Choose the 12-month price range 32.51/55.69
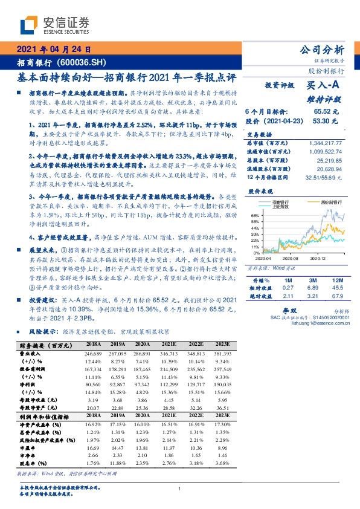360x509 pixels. [329, 177]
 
